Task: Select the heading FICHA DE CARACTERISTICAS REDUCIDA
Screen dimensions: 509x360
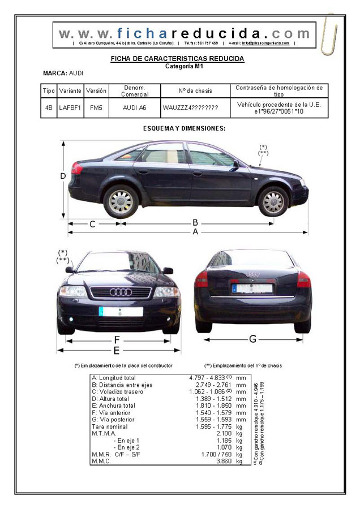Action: click(177, 59)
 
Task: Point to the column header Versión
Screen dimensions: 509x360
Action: click(96, 90)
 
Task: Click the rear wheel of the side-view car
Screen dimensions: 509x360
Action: click(121, 201)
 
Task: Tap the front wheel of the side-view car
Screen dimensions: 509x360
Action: click(273, 201)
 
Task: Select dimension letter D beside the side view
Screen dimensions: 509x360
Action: click(63, 176)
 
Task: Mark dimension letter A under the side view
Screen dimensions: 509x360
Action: click(195, 232)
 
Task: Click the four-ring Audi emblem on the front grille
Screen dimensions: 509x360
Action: click(120, 292)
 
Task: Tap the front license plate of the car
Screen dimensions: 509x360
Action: click(120, 311)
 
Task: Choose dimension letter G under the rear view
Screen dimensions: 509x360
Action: click(252, 339)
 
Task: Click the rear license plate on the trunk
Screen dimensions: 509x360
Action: click(252, 288)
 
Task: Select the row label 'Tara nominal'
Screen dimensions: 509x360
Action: click(110, 426)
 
